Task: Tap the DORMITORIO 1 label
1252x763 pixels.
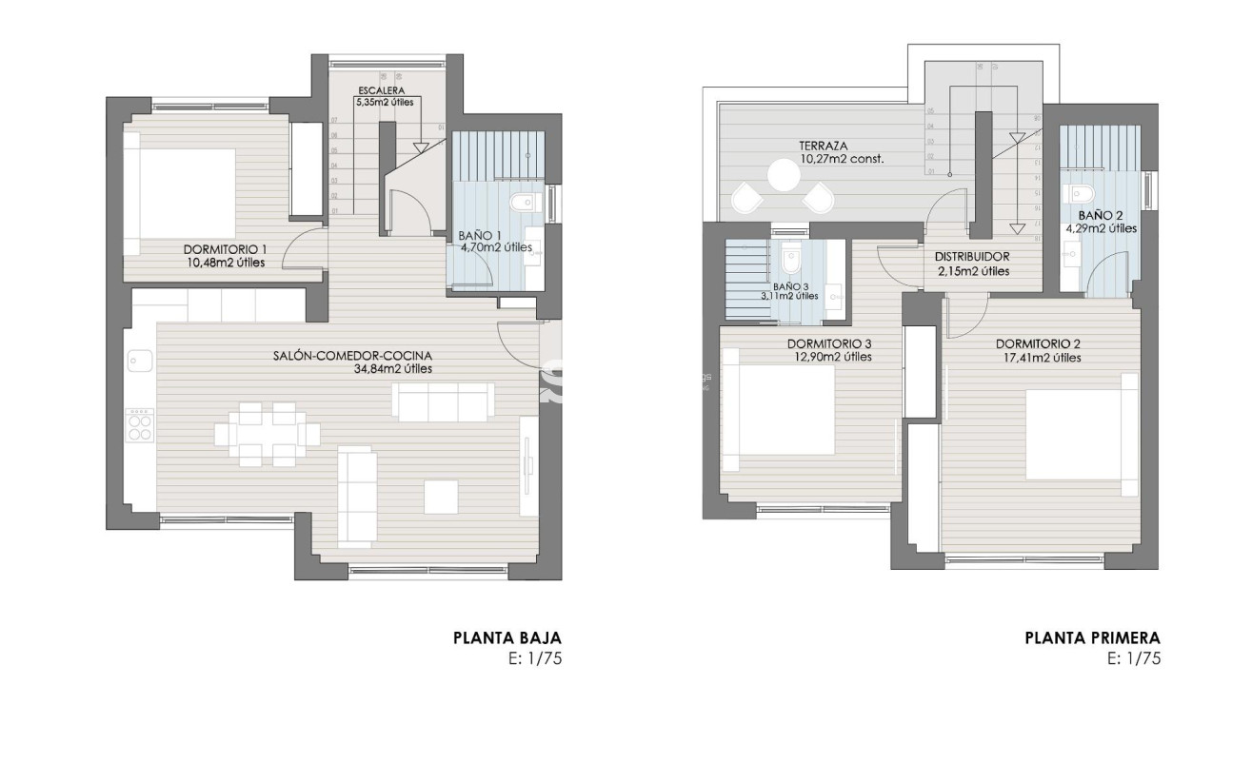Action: click(x=225, y=250)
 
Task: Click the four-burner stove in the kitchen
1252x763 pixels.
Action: click(x=140, y=424)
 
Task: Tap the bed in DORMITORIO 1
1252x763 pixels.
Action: click(x=188, y=193)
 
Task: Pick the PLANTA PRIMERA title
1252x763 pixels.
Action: click(x=1093, y=638)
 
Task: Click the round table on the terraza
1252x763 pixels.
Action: click(x=785, y=176)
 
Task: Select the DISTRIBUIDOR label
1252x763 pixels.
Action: click(x=972, y=257)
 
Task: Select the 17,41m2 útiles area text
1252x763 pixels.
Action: click(x=1038, y=358)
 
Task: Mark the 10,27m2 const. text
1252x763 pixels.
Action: click(x=843, y=160)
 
